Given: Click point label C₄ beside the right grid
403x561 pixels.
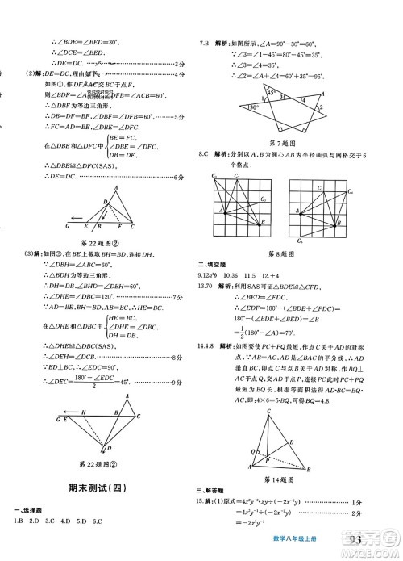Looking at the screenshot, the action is tap(351, 192).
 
